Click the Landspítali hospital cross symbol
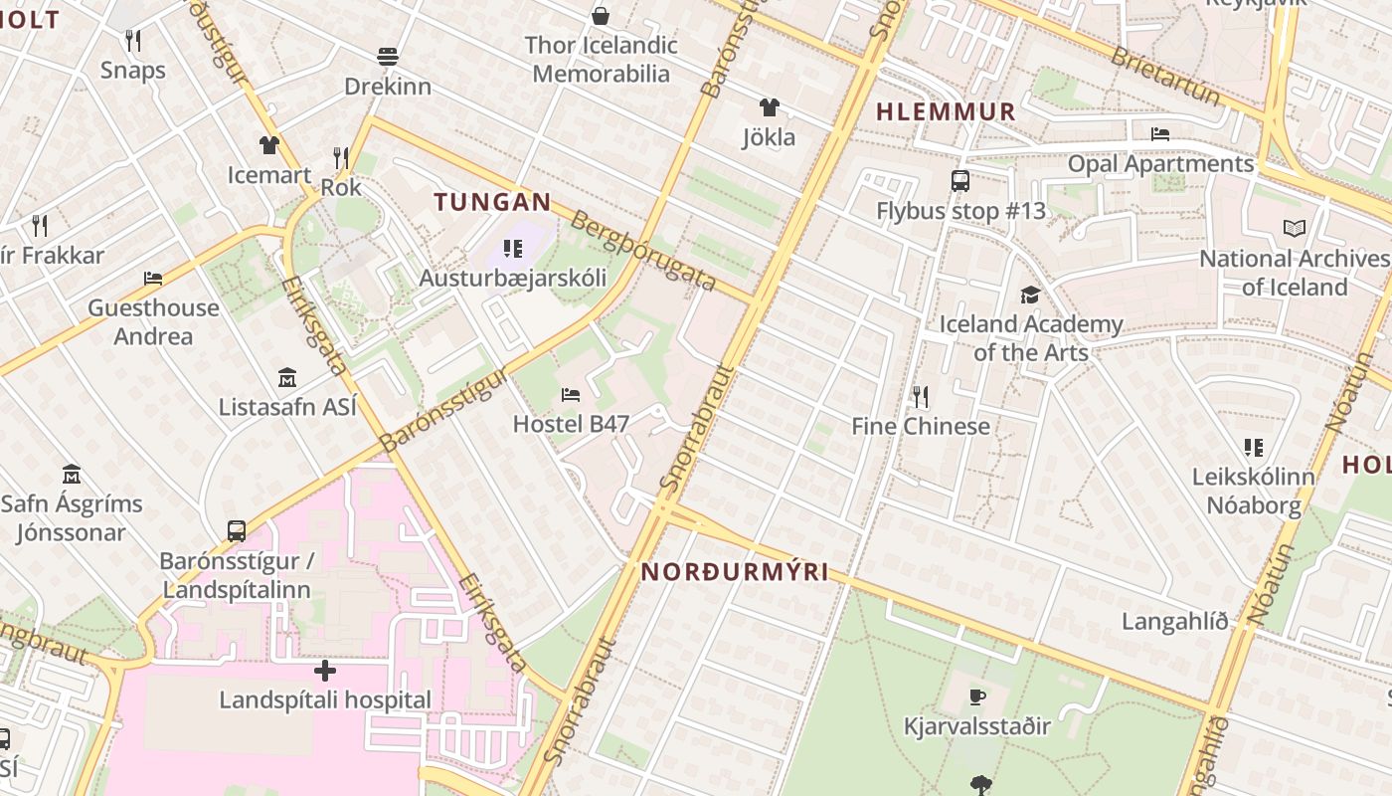click(x=324, y=670)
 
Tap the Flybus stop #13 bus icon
click(x=960, y=181)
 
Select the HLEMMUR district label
click(x=946, y=112)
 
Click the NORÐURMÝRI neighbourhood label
click(x=735, y=572)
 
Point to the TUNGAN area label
click(x=492, y=202)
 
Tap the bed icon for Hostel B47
click(x=571, y=395)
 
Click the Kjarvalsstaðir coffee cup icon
click(x=977, y=696)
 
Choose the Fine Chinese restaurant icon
click(x=921, y=397)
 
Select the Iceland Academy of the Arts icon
click(x=1030, y=296)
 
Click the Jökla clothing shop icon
click(x=769, y=107)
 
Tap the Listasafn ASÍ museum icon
click(x=287, y=378)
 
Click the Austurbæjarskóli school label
click(x=512, y=278)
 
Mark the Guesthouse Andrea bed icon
click(x=153, y=279)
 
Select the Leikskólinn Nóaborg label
click(x=1253, y=491)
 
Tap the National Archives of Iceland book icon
click(x=1294, y=229)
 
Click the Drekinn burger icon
click(x=388, y=57)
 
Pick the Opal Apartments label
click(x=1160, y=163)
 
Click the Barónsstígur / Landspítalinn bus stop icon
click(x=237, y=531)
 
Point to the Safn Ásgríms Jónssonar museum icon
click(x=72, y=474)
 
